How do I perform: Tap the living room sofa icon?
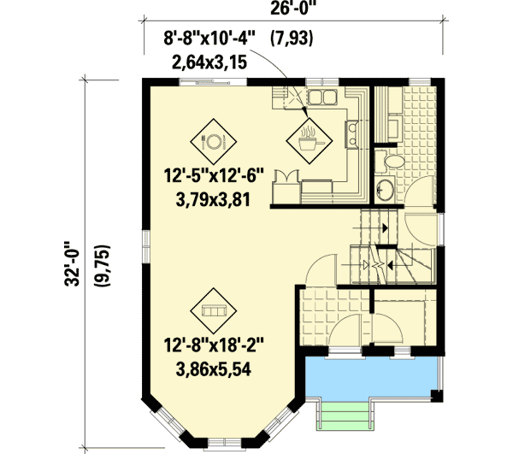click(x=213, y=310)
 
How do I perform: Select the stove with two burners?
click(x=351, y=133)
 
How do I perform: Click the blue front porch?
click(x=370, y=377)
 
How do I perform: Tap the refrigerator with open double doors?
click(x=291, y=180)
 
